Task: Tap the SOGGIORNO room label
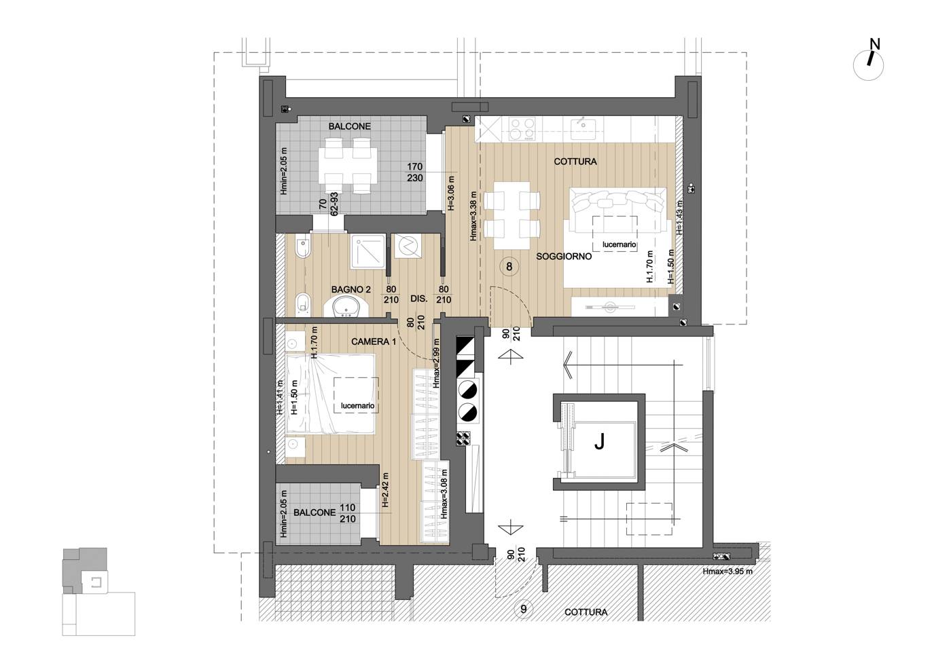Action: (x=564, y=257)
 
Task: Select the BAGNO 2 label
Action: (x=351, y=289)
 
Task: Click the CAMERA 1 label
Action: (x=373, y=341)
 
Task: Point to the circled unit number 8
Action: (x=509, y=266)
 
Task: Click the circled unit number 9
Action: (x=524, y=609)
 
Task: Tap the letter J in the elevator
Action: (x=599, y=443)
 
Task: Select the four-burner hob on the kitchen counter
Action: (x=522, y=128)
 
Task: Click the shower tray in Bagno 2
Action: (x=368, y=252)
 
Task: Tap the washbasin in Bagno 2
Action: (x=346, y=306)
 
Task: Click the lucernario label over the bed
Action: (x=357, y=406)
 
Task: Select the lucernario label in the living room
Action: (x=619, y=244)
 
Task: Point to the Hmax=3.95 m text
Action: (x=728, y=572)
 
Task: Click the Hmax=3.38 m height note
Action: (x=473, y=217)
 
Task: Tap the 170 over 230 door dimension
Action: (x=415, y=172)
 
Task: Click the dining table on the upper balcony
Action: (x=348, y=165)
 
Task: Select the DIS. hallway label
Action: (x=418, y=299)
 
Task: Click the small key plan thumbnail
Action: (x=98, y=591)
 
